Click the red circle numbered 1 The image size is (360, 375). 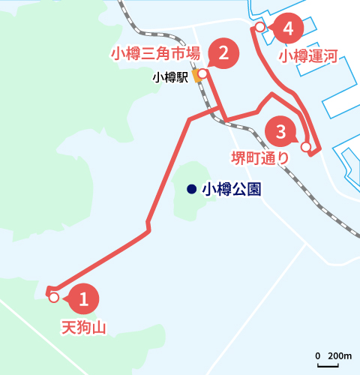(84, 300)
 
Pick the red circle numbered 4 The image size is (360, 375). (289, 29)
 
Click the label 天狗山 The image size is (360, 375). (82, 328)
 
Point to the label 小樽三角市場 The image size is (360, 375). (155, 53)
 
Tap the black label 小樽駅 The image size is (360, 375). (170, 76)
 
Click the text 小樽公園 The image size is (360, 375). (232, 189)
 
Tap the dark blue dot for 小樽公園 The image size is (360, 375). (192, 189)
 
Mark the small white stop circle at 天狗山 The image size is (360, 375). (53, 298)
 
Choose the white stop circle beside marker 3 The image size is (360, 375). (305, 147)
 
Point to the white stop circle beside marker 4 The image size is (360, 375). (259, 27)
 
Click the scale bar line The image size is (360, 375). (328, 365)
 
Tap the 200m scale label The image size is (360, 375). (340, 355)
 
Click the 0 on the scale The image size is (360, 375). (318, 355)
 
